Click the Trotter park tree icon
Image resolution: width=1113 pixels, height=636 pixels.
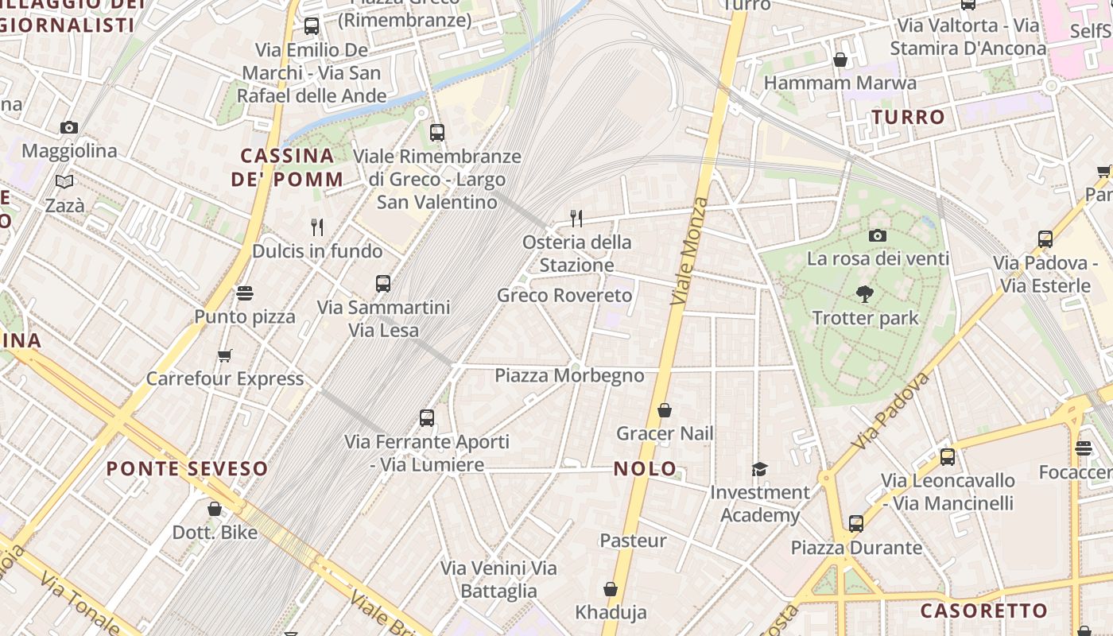point(865,294)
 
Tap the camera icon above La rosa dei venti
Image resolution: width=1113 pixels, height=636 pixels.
point(878,235)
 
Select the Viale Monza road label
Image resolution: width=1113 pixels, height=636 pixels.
point(689,251)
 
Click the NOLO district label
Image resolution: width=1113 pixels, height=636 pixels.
point(646,468)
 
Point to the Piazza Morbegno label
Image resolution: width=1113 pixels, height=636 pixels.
point(569,375)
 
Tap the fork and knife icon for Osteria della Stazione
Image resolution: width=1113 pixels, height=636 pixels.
point(577,218)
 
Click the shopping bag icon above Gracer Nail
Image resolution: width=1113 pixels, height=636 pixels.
point(665,410)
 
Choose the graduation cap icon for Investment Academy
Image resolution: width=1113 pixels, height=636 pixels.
point(760,469)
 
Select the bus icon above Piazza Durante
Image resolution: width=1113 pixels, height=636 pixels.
point(855,524)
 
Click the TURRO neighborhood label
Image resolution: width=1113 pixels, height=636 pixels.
point(909,118)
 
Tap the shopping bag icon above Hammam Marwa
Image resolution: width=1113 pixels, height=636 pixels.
point(840,60)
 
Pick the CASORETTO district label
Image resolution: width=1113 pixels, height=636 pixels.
point(983,611)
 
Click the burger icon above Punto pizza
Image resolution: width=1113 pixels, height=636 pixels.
point(245,293)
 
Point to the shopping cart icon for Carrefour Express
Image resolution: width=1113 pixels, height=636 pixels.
point(225,355)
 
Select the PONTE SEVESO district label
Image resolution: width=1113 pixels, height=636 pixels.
point(187,468)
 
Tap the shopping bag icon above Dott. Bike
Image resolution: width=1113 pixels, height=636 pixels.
point(215,509)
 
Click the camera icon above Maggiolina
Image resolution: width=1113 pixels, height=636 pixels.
point(69,127)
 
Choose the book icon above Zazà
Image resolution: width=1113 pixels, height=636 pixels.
point(64,182)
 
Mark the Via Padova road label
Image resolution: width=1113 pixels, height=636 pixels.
point(890,410)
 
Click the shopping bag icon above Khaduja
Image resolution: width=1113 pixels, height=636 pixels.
point(611,589)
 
